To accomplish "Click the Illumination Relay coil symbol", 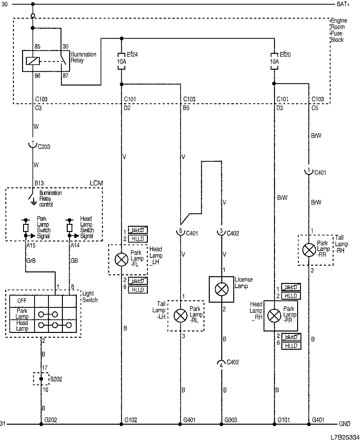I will pyautogui.click(x=33, y=61).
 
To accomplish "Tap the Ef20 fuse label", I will pyautogui.click(x=285, y=55).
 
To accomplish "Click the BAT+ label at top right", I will pyautogui.click(x=344, y=4).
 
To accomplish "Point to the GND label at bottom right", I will pyautogui.click(x=345, y=424).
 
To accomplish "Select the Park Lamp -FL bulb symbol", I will pyautogui.click(x=120, y=259).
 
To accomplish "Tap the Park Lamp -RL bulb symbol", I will pyautogui.click(x=180, y=315).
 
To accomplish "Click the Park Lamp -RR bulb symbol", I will pyautogui.click(x=309, y=249).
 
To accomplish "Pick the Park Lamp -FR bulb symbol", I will pyautogui.click(x=274, y=315).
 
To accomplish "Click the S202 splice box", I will pyautogui.click(x=40, y=379).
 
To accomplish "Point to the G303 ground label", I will pyautogui.click(x=231, y=420).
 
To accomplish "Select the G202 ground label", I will pyautogui.click(x=50, y=420).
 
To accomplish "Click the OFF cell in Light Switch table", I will pyautogui.click(x=22, y=300).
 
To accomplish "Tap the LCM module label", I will pyautogui.click(x=96, y=184).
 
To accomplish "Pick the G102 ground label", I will pyautogui.click(x=131, y=420).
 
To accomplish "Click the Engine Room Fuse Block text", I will pyautogui.click(x=337, y=30).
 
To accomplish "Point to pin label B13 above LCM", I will pyautogui.click(x=39, y=183).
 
